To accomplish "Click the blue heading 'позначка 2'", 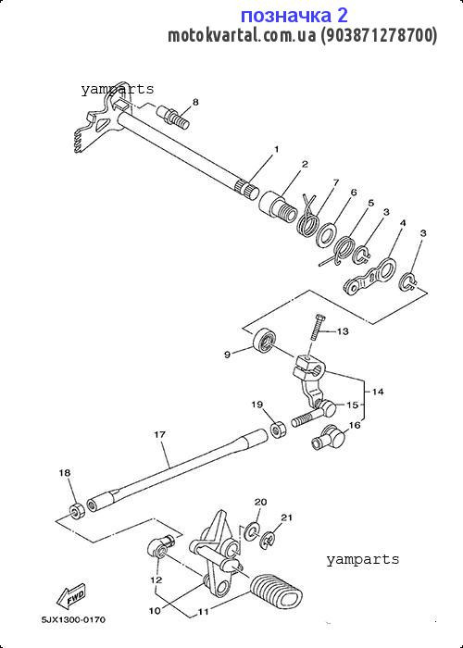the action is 294,16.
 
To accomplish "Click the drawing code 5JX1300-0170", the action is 73,619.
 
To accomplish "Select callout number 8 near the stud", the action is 195,102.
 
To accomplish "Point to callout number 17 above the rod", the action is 159,435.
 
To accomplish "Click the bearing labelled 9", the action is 263,340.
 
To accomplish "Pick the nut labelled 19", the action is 276,429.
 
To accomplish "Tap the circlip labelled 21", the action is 268,540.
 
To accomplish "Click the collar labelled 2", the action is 278,206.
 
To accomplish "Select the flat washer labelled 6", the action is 326,236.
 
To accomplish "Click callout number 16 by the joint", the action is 355,425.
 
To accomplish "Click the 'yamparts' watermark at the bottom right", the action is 363,559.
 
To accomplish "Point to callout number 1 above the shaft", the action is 276,149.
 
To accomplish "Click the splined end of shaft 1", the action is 247,188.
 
